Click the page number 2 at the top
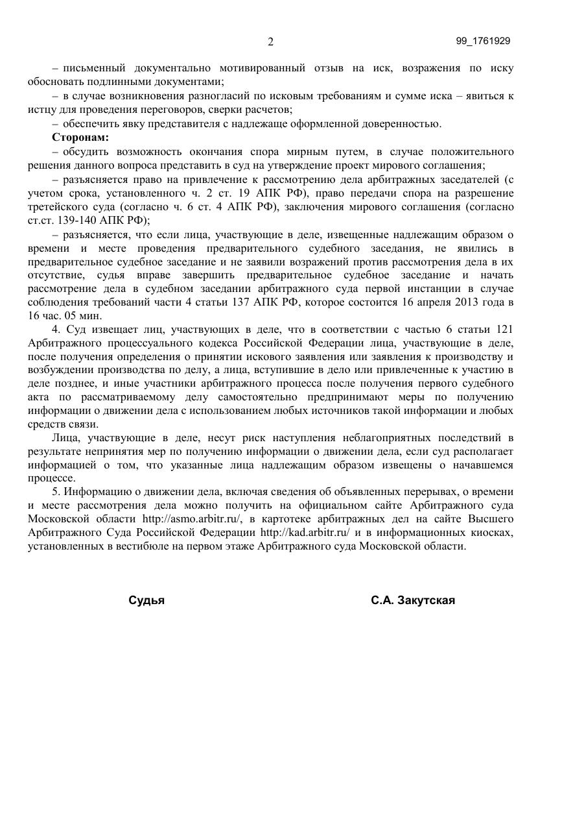tap(270, 42)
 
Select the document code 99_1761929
tap(483, 41)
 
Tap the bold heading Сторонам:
tap(80, 138)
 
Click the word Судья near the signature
tap(146, 600)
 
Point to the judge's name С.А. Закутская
tap(413, 600)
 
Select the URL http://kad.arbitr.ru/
tap(305, 533)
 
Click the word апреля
tap(430, 302)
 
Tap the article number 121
tap(504, 330)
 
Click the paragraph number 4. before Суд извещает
tap(56, 330)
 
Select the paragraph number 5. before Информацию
tap(56, 492)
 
